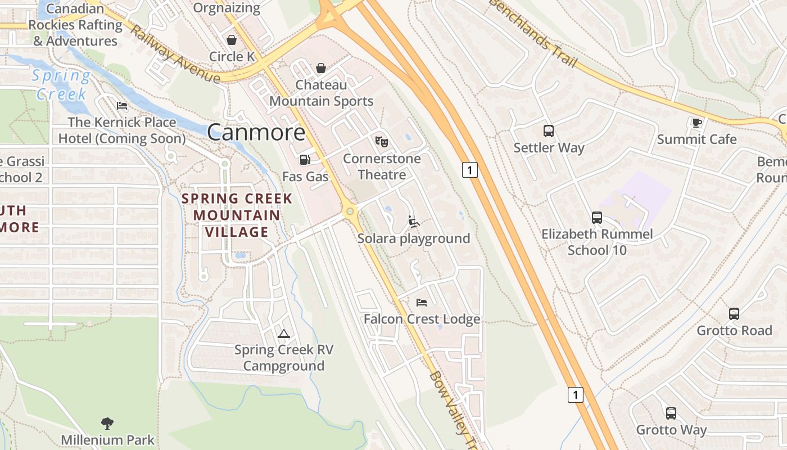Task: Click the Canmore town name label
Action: click(x=256, y=133)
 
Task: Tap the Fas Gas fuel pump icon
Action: click(x=305, y=160)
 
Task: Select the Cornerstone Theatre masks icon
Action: click(x=382, y=141)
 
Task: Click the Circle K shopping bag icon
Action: click(x=231, y=40)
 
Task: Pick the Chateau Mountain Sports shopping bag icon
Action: click(x=320, y=68)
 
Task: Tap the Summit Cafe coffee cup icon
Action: click(x=697, y=123)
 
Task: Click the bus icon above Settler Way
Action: click(x=549, y=131)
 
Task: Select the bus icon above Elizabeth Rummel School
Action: click(x=597, y=217)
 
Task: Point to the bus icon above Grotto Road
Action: click(x=734, y=314)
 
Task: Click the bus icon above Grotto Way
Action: click(x=671, y=413)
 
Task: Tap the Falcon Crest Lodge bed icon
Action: click(x=422, y=303)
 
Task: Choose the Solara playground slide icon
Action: click(x=414, y=222)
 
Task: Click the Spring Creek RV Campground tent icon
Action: click(x=284, y=334)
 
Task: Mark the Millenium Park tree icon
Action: click(x=107, y=423)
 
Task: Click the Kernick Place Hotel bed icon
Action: click(x=122, y=106)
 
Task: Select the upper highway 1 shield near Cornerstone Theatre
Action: click(x=470, y=169)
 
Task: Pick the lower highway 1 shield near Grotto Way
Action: click(x=575, y=395)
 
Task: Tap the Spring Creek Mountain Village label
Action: click(x=237, y=215)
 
